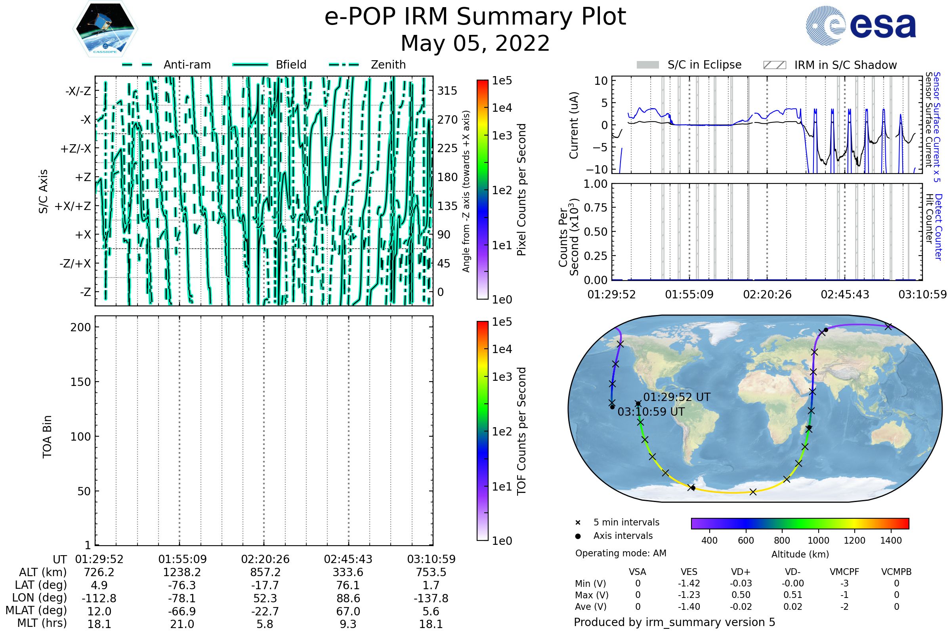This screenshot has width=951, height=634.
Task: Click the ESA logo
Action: (860, 25)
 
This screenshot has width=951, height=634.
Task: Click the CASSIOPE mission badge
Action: (105, 29)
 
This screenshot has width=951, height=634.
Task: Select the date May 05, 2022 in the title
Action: (475, 43)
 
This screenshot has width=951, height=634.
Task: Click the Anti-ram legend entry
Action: (166, 65)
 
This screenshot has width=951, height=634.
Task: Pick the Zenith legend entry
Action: (367, 65)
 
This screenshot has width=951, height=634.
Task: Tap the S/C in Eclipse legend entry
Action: (689, 65)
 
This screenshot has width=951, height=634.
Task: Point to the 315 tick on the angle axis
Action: (447, 91)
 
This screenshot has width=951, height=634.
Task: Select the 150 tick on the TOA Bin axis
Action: (80, 382)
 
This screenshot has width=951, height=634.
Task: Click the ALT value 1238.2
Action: (182, 572)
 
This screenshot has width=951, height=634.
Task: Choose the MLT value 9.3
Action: (348, 624)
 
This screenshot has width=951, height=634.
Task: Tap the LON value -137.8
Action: (431, 598)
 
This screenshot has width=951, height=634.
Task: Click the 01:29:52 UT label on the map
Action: (677, 397)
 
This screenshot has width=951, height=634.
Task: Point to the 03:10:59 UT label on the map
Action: (651, 412)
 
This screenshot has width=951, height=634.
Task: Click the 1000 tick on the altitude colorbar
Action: (818, 540)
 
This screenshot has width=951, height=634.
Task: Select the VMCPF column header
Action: (844, 572)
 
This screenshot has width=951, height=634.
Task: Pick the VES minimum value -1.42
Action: (689, 583)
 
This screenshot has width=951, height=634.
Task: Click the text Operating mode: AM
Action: (621, 553)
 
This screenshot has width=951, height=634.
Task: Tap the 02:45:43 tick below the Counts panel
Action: (845, 294)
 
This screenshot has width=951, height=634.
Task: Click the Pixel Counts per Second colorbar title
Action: (521, 190)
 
